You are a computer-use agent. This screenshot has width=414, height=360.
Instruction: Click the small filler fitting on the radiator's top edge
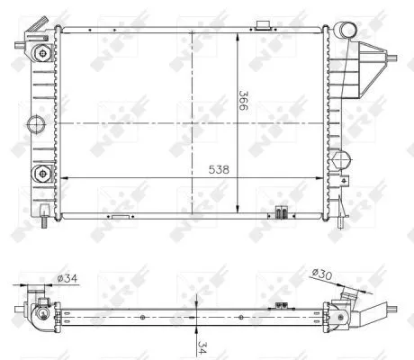click(264, 24)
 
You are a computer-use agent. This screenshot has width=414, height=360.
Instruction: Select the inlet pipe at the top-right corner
click(347, 37)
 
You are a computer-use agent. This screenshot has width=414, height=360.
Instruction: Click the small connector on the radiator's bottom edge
click(281, 213)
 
